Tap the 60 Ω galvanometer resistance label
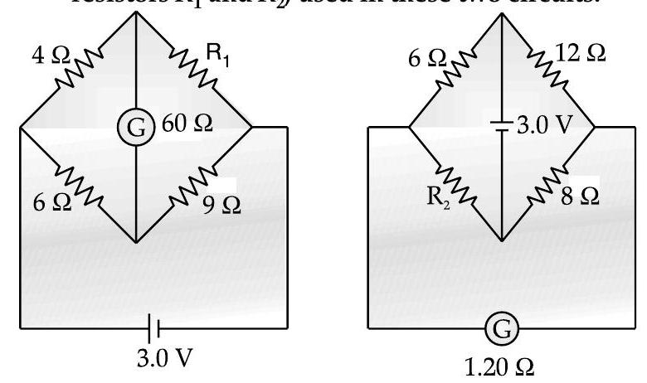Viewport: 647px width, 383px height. click(x=190, y=124)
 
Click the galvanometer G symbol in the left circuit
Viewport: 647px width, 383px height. click(x=134, y=126)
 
